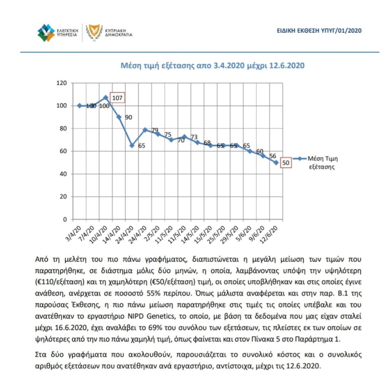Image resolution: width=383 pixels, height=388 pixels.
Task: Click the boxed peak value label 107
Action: [117, 98]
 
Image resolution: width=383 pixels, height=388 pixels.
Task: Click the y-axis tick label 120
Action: [62, 83]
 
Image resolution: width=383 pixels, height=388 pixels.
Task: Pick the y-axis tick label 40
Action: [64, 174]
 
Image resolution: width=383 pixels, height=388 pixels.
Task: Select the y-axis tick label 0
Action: [65, 219]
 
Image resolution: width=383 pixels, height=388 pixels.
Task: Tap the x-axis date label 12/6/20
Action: [271, 232]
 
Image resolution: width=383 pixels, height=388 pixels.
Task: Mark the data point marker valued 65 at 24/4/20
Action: [132, 145]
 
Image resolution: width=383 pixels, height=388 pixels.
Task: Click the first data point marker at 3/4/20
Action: [79, 105]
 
